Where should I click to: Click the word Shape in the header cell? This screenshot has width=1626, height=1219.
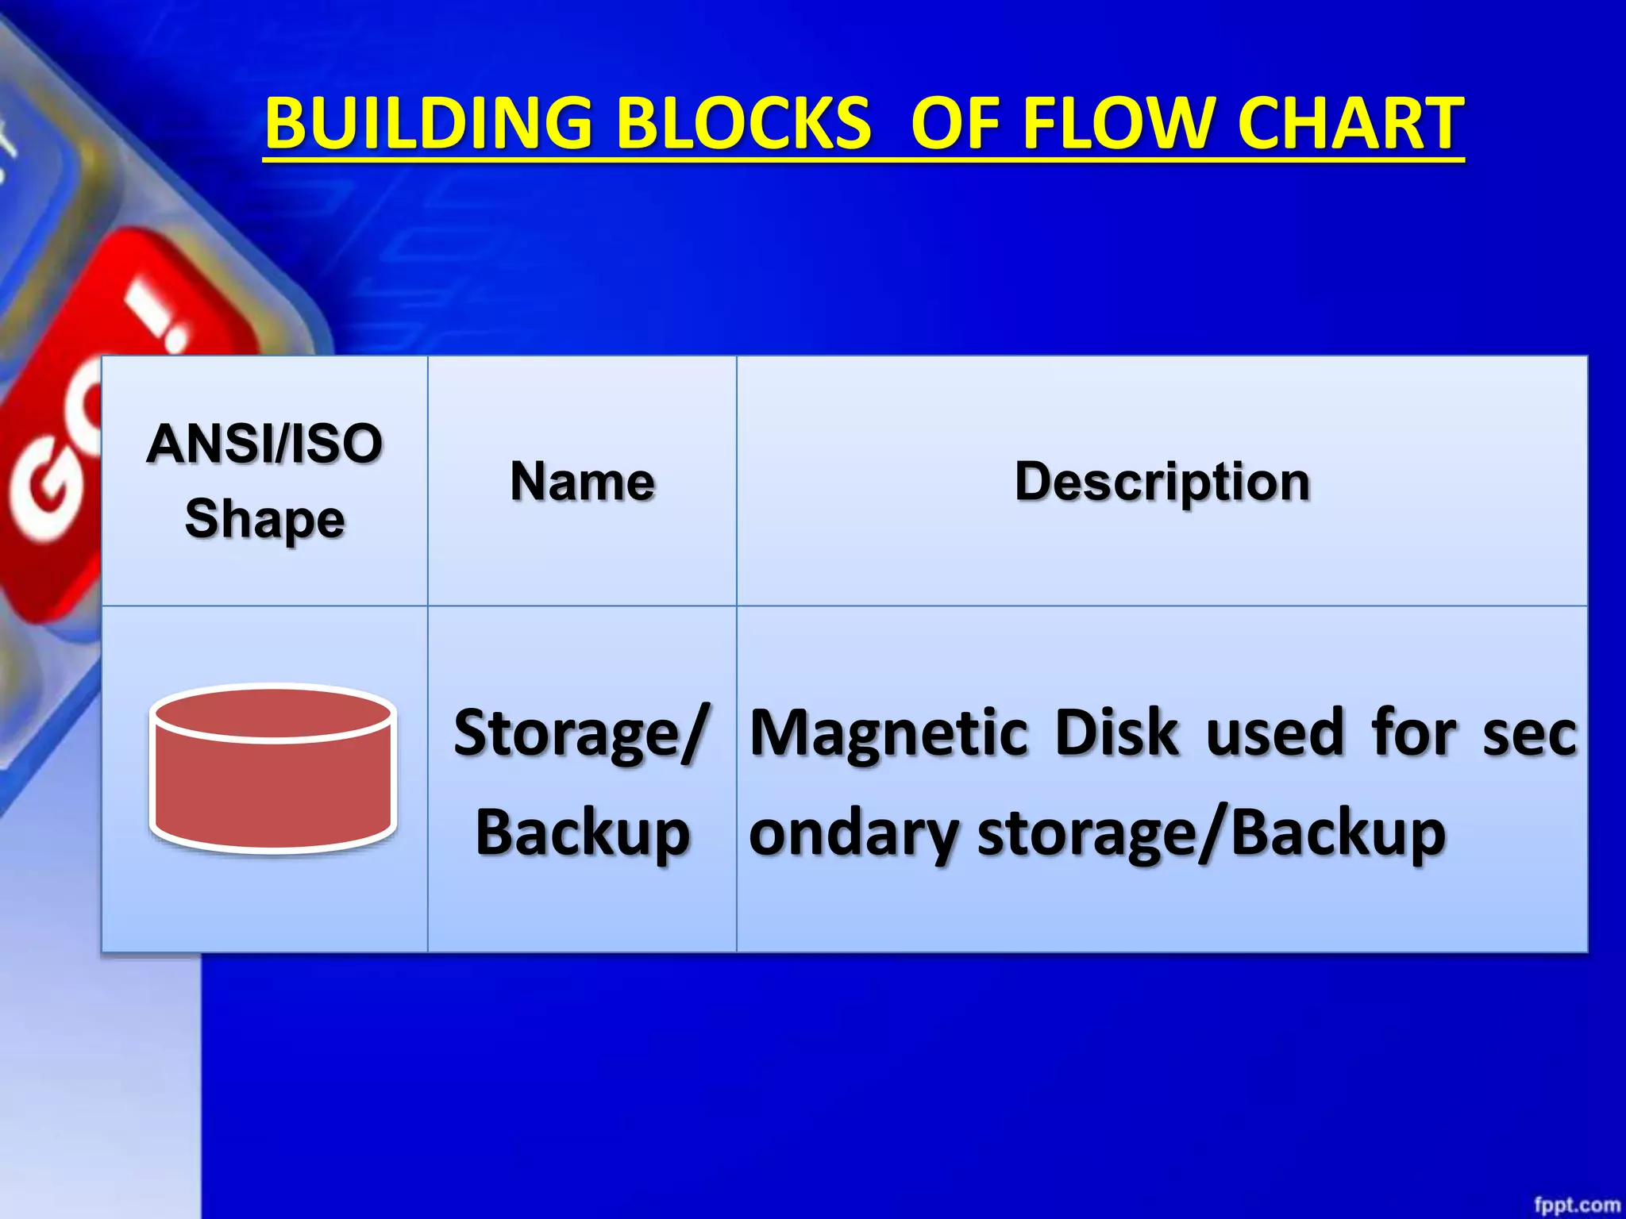pos(264,519)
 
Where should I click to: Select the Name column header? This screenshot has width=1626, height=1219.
pos(582,482)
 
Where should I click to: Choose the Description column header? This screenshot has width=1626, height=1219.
pos(1162,482)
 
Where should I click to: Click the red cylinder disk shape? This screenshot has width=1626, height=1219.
pos(272,794)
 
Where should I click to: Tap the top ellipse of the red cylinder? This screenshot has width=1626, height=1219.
pos(272,713)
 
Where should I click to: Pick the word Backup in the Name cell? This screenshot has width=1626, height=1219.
pos(582,833)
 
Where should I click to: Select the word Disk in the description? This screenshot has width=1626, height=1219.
pos(1116,732)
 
